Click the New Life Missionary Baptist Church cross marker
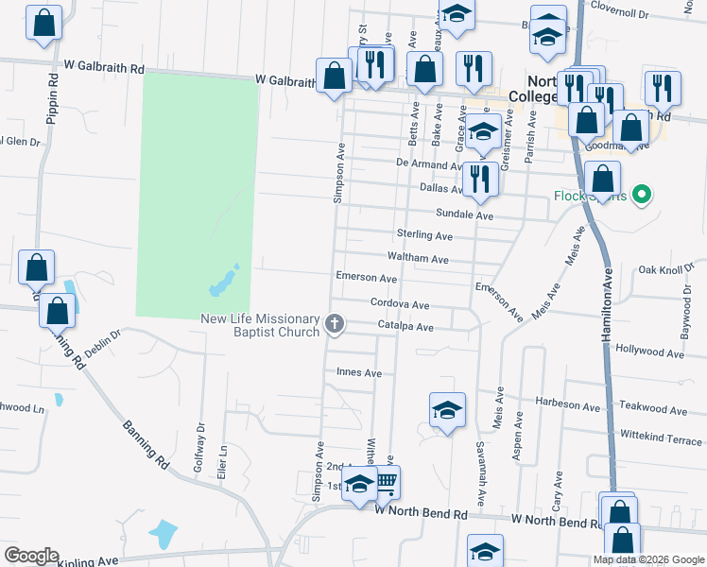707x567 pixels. coord(334,324)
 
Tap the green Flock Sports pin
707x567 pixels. coord(643,196)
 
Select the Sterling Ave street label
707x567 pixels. coord(424,235)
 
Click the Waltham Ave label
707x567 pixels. coord(418,258)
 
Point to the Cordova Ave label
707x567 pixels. coord(400,305)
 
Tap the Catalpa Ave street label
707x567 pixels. coord(405,327)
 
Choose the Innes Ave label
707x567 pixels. coord(359,373)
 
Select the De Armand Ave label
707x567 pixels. coord(431,163)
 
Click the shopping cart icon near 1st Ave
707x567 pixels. coord(386,482)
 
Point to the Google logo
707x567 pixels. coord(31,556)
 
